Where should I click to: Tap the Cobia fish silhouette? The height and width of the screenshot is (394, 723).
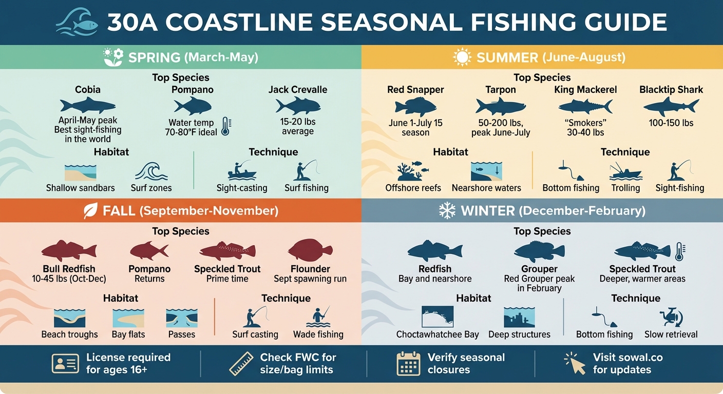pos(87,106)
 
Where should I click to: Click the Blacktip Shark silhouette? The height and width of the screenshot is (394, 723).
pos(671,106)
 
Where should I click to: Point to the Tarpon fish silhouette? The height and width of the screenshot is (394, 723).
pos(500,106)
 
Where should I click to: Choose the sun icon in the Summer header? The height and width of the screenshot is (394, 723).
pos(462,57)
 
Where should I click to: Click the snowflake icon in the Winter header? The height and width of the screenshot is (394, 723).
pos(447,210)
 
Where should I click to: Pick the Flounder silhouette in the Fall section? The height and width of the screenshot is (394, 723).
pos(310,250)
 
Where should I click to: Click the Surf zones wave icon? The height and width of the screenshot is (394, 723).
pos(151,171)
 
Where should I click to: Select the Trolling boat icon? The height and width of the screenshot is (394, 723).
pos(625,171)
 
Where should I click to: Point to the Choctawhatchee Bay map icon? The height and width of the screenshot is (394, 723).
pos(437,317)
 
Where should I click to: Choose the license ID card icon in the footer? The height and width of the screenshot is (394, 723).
pos(65,363)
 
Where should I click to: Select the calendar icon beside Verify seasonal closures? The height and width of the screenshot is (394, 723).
pos(409,363)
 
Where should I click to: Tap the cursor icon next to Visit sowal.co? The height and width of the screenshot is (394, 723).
pos(575,363)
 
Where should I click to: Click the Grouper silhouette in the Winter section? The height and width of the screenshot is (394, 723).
pos(539,251)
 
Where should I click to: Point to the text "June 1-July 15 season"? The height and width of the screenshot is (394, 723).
pos(415,127)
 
